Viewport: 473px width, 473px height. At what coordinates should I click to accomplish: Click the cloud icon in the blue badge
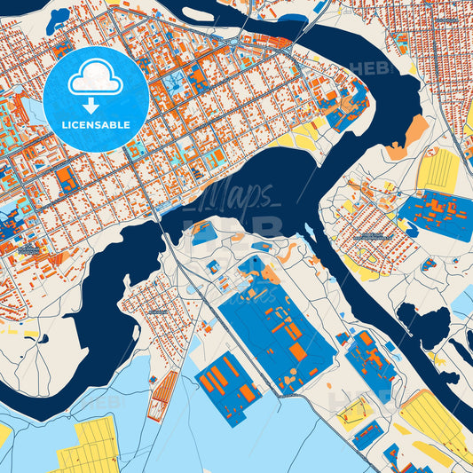click(95, 78)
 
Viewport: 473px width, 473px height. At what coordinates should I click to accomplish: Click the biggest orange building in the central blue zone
click(298, 351)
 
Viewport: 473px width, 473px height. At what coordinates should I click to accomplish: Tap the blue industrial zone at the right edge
click(436, 214)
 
